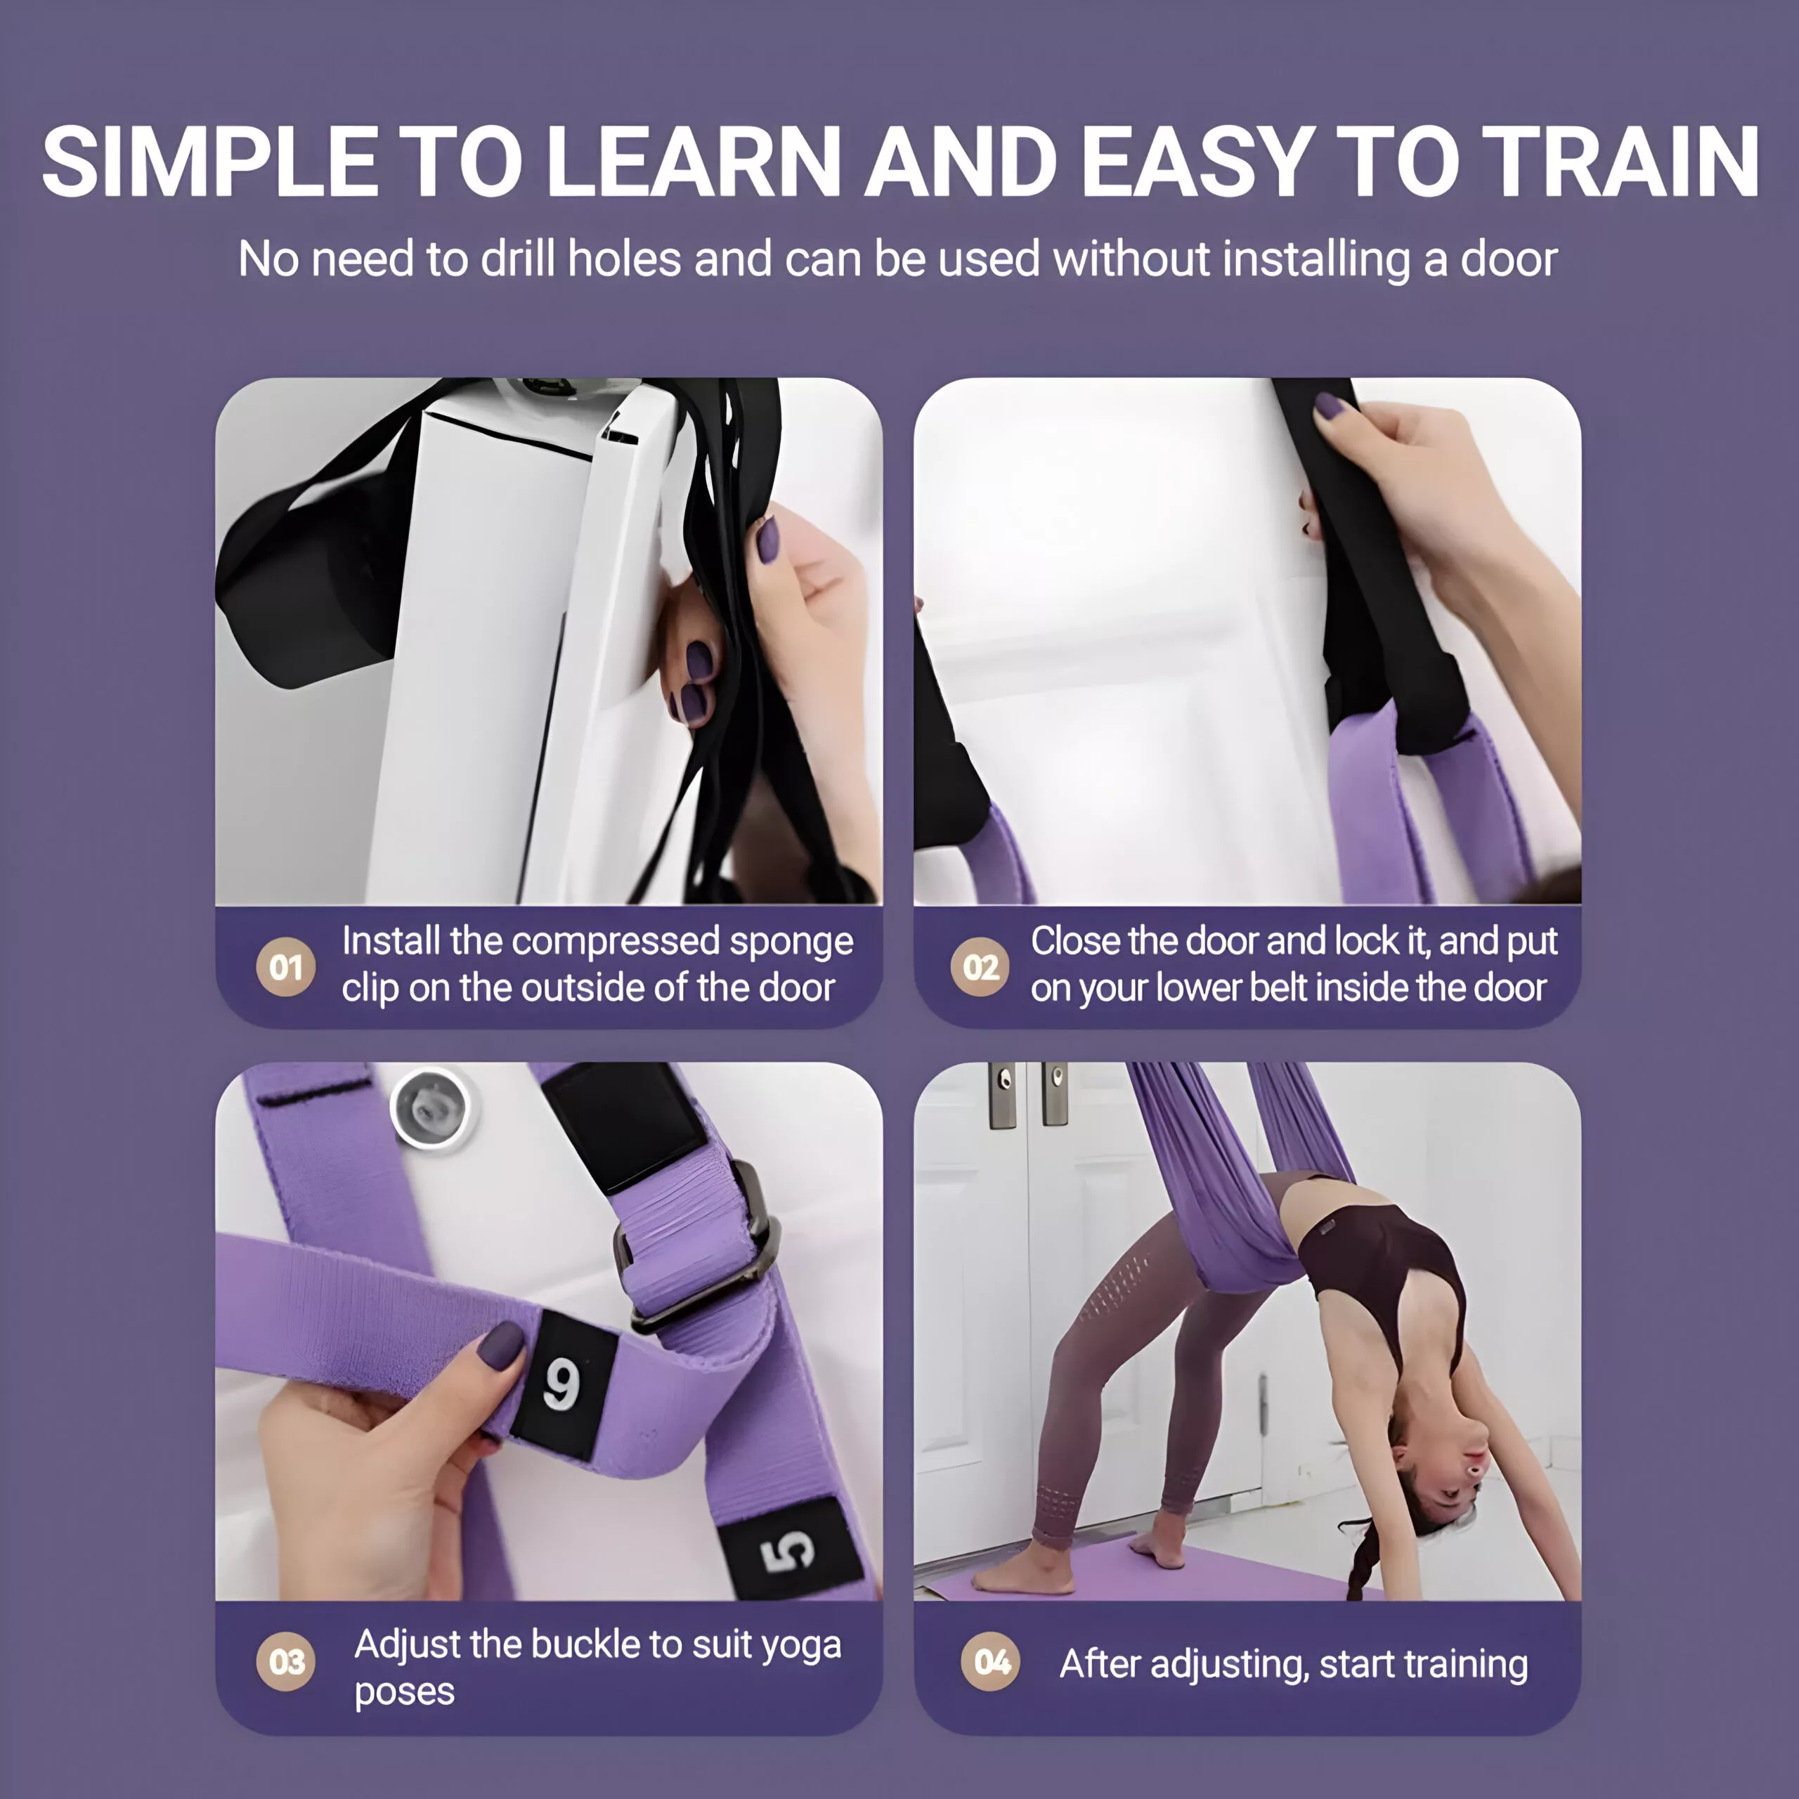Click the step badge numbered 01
click(286, 968)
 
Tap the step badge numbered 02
click(980, 968)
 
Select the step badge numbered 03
click(286, 1661)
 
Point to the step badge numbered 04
click(991, 1661)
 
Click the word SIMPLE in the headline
click(210, 162)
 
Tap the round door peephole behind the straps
click(430, 1108)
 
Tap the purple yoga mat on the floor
click(1164, 1573)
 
